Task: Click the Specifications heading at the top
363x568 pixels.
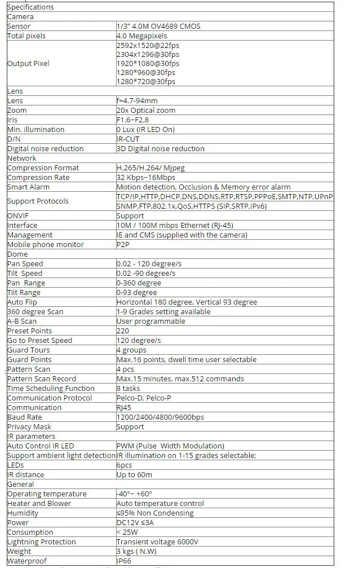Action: coord(30,7)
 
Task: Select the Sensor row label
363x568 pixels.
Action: coord(19,27)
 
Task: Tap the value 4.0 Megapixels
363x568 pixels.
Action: coord(141,36)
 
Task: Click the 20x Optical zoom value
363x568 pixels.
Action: coord(146,111)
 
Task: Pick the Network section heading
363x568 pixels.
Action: coord(22,158)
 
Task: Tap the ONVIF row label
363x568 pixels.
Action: coord(17,216)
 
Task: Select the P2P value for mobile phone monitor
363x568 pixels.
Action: coord(122,245)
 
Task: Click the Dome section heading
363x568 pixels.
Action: coord(17,254)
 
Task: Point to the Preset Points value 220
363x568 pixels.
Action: coord(122,331)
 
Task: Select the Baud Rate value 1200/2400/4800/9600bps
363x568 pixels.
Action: coord(160,417)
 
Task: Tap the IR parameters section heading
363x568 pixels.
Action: coord(31,437)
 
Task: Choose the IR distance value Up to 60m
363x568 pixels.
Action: coord(135,475)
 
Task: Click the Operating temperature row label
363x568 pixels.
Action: coord(47,494)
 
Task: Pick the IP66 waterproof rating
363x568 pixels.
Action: coord(123,561)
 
